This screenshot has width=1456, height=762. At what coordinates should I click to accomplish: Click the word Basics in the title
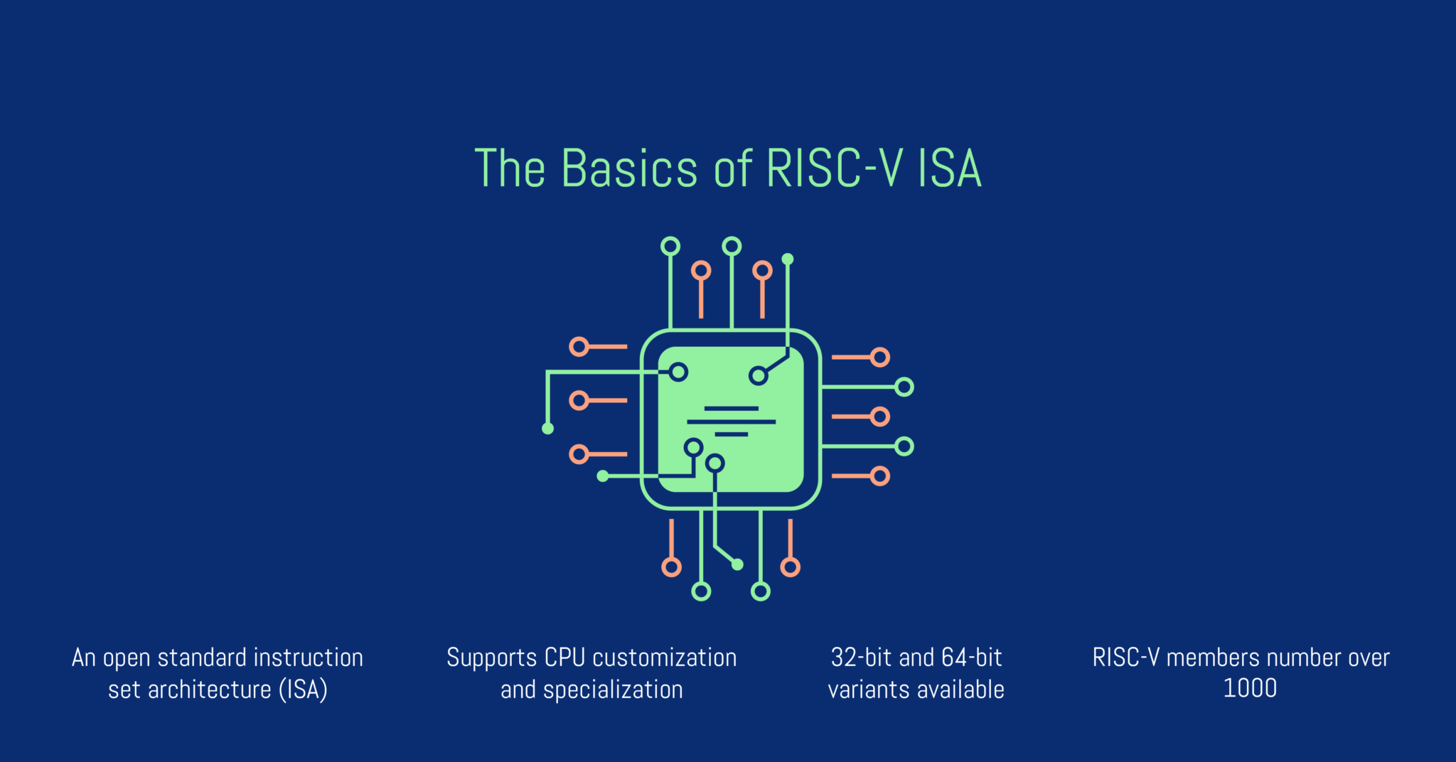(x=628, y=169)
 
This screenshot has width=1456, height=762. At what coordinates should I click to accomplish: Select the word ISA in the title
(x=950, y=169)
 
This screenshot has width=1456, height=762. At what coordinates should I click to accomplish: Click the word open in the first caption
(x=127, y=658)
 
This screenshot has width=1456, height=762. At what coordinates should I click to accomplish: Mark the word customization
(x=665, y=658)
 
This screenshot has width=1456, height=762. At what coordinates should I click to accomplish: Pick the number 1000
(x=1250, y=688)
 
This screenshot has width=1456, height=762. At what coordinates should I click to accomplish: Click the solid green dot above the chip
(x=788, y=259)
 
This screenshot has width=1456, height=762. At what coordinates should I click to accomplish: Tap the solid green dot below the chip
(x=737, y=564)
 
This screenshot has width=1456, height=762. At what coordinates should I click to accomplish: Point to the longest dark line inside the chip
(x=731, y=422)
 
